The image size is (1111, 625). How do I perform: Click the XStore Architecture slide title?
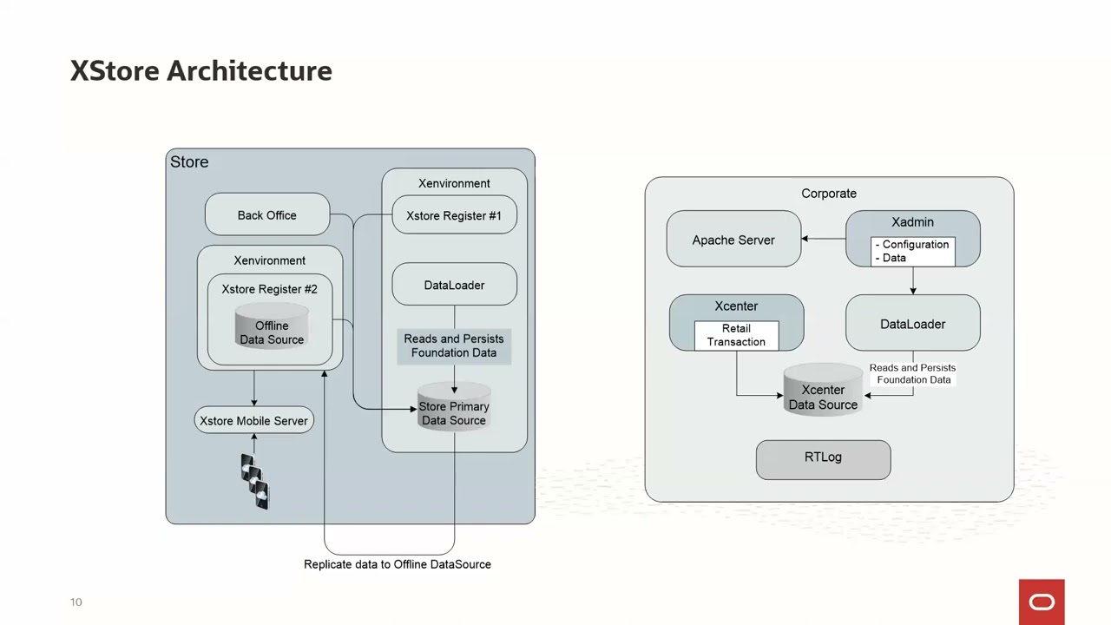coord(201,71)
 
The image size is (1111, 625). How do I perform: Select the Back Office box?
coord(267,215)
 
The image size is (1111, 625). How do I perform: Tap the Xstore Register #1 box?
coord(454,216)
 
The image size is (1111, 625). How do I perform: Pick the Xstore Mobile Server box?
coord(253,421)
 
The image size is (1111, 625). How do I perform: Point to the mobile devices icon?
coord(255,482)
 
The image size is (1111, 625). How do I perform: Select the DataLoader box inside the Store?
coord(454,286)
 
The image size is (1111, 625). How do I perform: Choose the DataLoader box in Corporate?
coord(912,324)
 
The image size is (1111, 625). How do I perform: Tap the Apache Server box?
coord(733,240)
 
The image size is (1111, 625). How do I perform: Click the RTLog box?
coord(823,458)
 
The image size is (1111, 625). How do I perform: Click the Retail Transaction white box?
coord(736,335)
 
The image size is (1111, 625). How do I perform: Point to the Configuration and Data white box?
coord(912,252)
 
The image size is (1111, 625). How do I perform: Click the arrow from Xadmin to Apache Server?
coord(823,239)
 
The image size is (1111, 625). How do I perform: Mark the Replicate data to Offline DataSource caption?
coord(398,564)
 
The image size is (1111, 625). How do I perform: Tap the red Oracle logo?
coord(1042,602)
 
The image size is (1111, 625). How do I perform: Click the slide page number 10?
coord(76,602)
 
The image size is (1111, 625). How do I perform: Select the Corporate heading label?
coord(829,194)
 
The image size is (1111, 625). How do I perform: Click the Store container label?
coord(189,162)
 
